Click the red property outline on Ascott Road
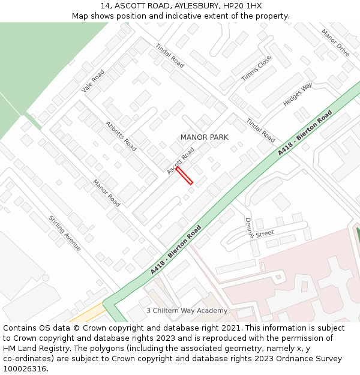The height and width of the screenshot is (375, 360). [x=184, y=175]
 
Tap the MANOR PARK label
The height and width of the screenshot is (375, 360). [x=204, y=137]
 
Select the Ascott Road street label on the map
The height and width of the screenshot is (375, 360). [x=181, y=161]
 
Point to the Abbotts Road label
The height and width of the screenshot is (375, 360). [x=121, y=136]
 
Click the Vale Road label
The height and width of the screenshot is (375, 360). [x=93, y=81]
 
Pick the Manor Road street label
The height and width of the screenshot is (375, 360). [x=106, y=193]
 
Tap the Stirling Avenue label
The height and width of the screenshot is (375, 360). [x=65, y=233]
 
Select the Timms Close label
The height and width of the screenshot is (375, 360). [x=256, y=68]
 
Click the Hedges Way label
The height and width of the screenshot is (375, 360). [x=298, y=95]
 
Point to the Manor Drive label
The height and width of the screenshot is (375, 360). [x=335, y=43]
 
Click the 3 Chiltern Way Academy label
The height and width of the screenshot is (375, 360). [x=187, y=311]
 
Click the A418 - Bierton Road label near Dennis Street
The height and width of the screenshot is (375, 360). [x=176, y=250]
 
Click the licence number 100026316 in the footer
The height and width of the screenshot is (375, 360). [x=25, y=368]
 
